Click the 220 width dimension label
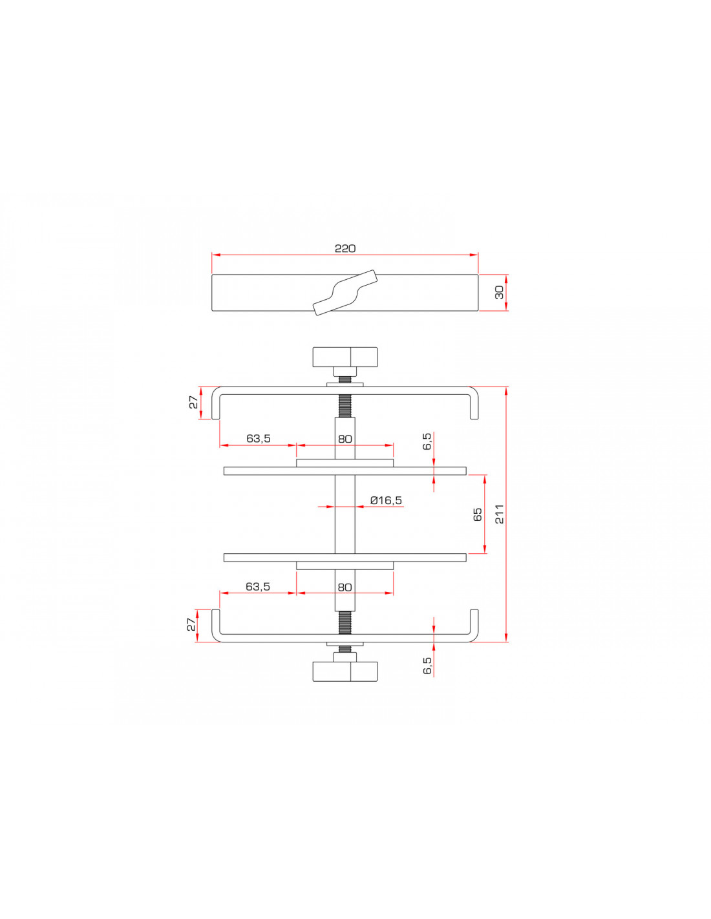[345, 248]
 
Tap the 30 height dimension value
[500, 292]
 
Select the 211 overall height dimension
[500, 514]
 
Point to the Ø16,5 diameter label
[386, 500]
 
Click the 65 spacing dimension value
[478, 514]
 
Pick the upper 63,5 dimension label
[259, 439]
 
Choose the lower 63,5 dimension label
[258, 587]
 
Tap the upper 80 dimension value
[345, 439]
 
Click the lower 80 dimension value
[345, 587]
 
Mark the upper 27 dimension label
[193, 402]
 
